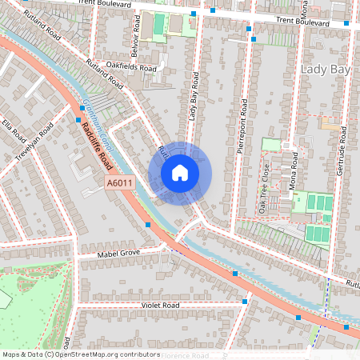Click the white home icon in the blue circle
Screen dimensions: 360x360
point(180,173)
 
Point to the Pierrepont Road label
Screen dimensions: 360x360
point(246,127)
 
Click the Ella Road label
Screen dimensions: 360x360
point(10,128)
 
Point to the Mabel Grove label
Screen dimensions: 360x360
point(118,254)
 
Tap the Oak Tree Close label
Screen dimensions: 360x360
point(263,187)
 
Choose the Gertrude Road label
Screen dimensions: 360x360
point(341,144)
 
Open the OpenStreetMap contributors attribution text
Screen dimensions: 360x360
point(81,354)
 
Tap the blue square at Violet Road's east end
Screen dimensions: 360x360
point(244,302)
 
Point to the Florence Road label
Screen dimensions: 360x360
point(186,355)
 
